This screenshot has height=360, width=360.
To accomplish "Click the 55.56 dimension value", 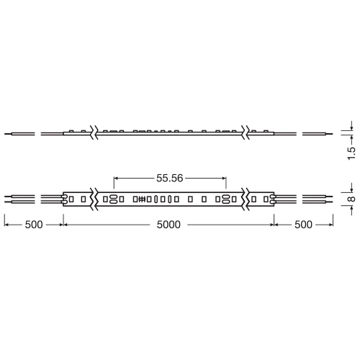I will click(170, 176).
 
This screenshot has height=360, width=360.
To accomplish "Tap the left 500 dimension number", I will click(34, 225).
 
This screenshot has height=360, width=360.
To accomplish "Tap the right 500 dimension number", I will click(303, 225).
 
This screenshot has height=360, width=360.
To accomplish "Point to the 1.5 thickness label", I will click(351, 153).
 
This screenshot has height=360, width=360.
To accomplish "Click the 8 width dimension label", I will click(351, 198).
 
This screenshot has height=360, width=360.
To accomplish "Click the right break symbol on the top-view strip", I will click(246, 198).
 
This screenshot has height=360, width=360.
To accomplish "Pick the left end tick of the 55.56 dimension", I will click(114, 176).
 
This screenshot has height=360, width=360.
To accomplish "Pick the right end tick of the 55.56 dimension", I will click(226, 176).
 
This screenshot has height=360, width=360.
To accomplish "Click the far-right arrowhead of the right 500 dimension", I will click(333, 225).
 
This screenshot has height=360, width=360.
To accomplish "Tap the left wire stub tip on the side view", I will click(6, 134).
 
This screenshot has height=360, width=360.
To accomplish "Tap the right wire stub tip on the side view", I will click(333, 134).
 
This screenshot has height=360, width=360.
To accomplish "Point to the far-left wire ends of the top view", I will click(6, 198).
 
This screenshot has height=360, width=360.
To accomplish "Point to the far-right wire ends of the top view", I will click(333, 198).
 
